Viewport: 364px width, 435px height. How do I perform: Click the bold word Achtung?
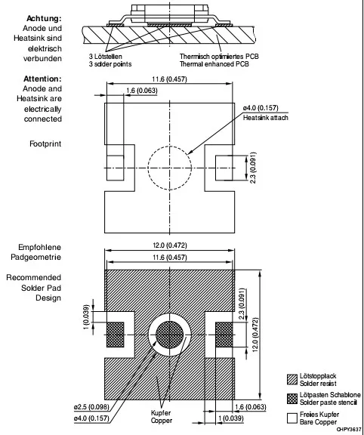point(44,19)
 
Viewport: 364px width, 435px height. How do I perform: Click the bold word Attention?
point(42,79)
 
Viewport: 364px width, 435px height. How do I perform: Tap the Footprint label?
point(45,143)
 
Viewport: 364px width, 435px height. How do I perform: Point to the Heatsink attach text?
point(266,118)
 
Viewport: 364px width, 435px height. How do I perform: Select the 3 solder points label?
point(110,64)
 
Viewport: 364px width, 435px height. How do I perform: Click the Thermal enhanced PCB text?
point(214,64)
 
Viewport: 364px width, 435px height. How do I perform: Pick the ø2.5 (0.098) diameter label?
point(91,407)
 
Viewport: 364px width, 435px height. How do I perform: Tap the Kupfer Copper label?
point(161,417)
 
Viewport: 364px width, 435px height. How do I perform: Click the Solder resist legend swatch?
point(292,380)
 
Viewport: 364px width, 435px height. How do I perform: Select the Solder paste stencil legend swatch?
point(292,399)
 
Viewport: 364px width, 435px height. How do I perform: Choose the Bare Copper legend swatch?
point(292,418)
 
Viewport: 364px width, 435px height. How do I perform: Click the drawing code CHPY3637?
point(349,430)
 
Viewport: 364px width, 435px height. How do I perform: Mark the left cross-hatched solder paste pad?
point(116,335)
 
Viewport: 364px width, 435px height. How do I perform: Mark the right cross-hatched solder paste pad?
point(224,335)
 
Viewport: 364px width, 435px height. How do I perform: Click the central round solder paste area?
point(169,335)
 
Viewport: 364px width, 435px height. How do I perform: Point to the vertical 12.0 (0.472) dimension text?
point(255,335)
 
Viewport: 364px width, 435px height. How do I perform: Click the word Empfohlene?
point(40,247)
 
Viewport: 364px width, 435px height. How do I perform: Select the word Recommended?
point(33,277)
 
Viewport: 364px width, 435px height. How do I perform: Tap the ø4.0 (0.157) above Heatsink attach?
point(261,108)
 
